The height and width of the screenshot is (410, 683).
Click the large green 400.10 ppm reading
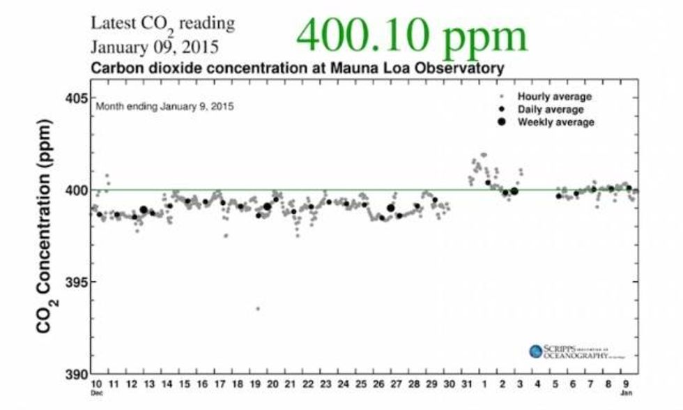pyautogui.click(x=410, y=34)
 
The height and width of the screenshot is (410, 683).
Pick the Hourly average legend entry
pyautogui.click(x=554, y=96)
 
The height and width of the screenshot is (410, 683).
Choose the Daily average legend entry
pyautogui.click(x=550, y=109)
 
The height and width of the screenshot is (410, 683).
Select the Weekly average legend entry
pyautogui.click(x=555, y=122)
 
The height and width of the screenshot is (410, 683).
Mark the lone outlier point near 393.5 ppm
pyautogui.click(x=258, y=308)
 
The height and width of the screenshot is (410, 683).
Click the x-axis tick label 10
pyautogui.click(x=96, y=384)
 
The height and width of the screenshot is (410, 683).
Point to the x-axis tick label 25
pyautogui.click(x=360, y=384)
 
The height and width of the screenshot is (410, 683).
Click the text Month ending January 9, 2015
pyautogui.click(x=164, y=107)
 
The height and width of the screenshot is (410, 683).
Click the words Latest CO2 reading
pyautogui.click(x=162, y=24)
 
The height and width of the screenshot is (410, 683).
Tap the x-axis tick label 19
pyautogui.click(x=255, y=384)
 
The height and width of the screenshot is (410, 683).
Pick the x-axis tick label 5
pyautogui.click(x=555, y=384)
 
